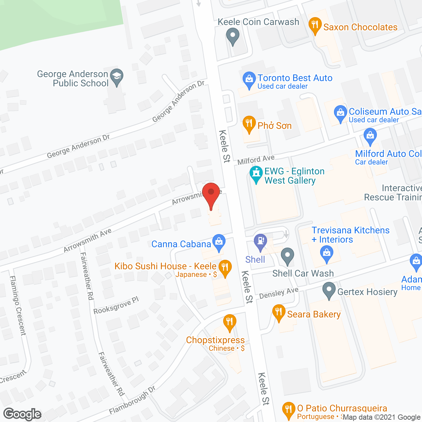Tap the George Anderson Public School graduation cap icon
coord(116,77)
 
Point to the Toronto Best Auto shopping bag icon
coord(249,79)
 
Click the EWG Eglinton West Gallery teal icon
coord(256,173)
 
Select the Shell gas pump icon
coord(260,241)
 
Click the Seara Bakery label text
coord(314,314)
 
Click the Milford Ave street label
coord(256,160)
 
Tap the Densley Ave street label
coord(279,293)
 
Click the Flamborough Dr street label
coord(132,400)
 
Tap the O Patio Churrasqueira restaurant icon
coord(288,409)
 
